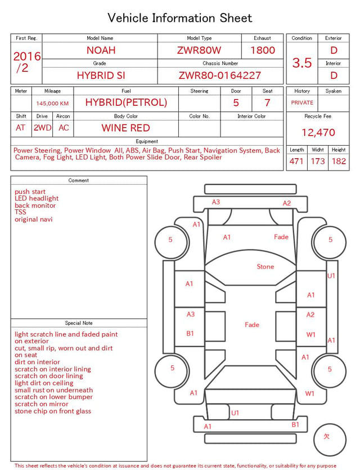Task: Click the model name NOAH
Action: tap(101, 50)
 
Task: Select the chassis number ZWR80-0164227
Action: tap(220, 75)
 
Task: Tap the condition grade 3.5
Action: tap(302, 62)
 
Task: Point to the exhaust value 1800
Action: tap(263, 50)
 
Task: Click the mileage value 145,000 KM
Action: tap(52, 104)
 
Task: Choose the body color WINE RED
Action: tap(126, 128)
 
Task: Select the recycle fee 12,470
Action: tap(318, 132)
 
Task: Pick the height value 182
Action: tap(339, 161)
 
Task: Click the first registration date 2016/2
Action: tap(26, 62)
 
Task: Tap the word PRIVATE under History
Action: tap(302, 102)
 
